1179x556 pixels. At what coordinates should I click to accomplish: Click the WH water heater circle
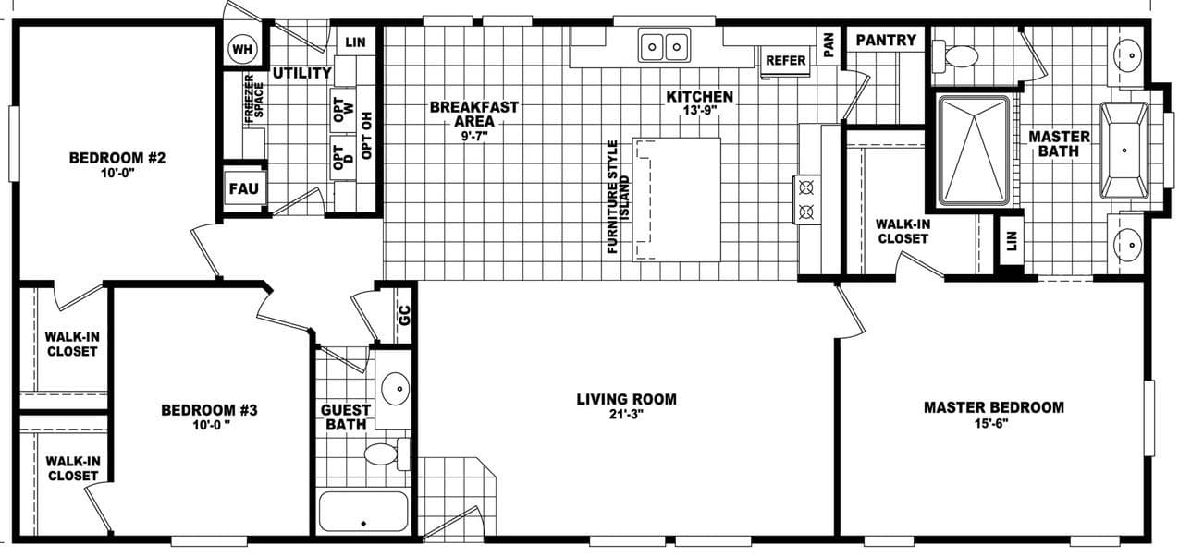[x=243, y=48]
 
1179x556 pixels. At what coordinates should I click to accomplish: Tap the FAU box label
[x=246, y=189]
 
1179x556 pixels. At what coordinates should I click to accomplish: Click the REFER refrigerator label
[x=785, y=61]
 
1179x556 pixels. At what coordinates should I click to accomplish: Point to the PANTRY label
[x=885, y=40]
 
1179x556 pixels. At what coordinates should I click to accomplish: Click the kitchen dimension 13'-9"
[x=700, y=111]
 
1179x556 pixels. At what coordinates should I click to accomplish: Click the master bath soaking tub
[x=1124, y=150]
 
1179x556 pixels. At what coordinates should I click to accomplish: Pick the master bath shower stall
[x=974, y=150]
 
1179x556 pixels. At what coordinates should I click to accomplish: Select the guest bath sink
[x=396, y=388]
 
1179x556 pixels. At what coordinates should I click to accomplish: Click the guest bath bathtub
[x=363, y=512]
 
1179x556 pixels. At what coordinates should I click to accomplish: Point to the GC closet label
[x=403, y=313]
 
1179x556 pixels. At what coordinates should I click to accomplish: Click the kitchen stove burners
[x=804, y=199]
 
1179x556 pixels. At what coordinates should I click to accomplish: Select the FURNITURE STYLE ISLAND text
[x=617, y=197]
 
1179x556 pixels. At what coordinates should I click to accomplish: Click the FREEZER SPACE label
[x=254, y=101]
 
